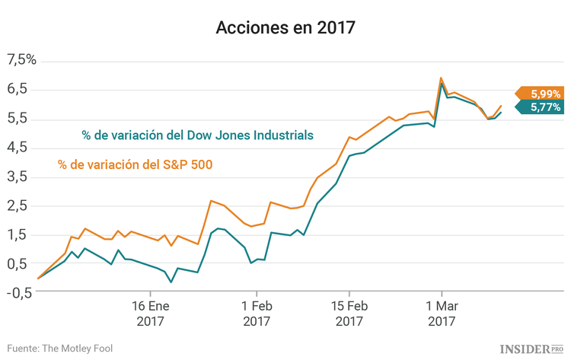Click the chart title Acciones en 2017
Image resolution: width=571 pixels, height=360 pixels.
point(285,28)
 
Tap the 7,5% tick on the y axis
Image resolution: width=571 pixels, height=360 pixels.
point(21,60)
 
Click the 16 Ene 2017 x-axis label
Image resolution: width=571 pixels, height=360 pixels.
point(150,314)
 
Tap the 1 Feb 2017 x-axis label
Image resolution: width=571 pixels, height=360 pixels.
point(257,314)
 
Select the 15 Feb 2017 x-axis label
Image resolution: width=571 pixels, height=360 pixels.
point(349,314)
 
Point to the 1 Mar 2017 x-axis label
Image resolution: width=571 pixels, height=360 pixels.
point(442,314)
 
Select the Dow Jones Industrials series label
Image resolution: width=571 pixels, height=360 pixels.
point(197,135)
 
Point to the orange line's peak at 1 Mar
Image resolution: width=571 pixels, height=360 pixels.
point(441,78)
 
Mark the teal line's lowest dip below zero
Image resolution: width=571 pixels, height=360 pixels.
point(171,282)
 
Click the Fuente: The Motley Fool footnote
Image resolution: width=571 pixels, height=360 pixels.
point(60,348)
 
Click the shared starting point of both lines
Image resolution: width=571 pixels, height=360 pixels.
point(38,279)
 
